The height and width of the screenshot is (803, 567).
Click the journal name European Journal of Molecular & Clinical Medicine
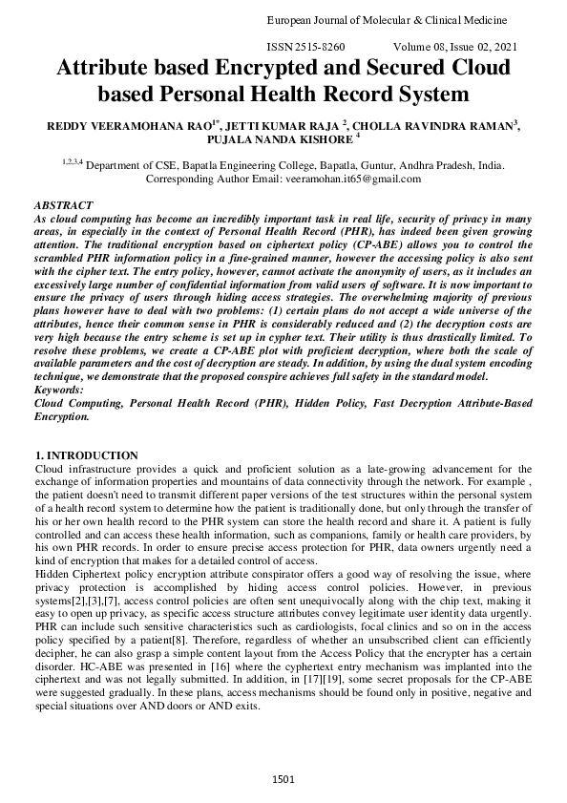[400, 20]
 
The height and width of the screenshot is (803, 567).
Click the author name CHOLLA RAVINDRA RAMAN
[446, 125]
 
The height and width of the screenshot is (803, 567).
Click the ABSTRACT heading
[63, 205]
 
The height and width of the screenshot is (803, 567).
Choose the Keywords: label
[60, 391]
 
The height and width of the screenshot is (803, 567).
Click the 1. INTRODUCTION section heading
[86, 455]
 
